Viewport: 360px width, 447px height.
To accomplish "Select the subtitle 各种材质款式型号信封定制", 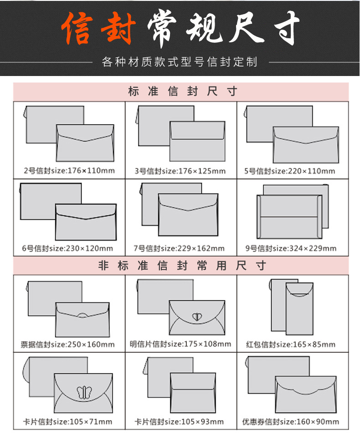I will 180,62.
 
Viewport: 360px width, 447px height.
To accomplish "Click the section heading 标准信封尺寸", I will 182,91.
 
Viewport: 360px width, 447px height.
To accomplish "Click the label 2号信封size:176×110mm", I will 69,171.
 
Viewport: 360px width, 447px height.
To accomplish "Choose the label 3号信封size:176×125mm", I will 180,171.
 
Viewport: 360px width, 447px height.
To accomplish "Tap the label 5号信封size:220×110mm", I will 290,171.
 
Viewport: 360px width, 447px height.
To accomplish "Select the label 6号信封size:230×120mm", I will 67,249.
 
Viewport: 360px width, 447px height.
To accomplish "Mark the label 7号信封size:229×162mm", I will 179,249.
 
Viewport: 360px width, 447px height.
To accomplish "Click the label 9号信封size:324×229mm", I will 291,249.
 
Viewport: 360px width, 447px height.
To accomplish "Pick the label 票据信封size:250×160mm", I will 67,345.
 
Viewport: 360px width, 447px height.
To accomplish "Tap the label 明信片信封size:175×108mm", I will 180,344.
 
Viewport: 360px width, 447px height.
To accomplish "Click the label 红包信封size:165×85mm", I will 291,345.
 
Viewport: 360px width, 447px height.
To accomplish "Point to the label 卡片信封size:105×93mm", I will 179,422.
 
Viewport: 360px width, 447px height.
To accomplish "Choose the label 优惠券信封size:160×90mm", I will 290,422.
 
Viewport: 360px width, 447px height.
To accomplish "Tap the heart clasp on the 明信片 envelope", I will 196,317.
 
